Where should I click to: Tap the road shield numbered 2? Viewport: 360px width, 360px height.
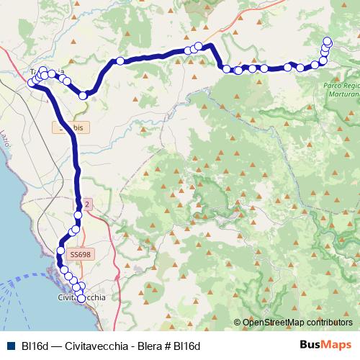[x=87, y=204]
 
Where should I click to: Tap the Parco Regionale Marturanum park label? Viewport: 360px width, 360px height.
[x=338, y=89]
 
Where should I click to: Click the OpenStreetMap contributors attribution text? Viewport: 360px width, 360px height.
[x=297, y=322]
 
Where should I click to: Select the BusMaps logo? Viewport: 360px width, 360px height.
[x=325, y=346]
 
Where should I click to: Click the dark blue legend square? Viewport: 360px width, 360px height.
[x=10, y=346]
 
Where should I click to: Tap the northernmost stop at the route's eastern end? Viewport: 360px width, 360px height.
[x=328, y=41]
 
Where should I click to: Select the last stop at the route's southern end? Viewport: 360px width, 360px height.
[x=81, y=298]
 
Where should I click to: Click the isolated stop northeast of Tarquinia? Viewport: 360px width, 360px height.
[x=120, y=60]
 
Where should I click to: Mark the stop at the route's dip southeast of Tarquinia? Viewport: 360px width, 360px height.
[x=84, y=94]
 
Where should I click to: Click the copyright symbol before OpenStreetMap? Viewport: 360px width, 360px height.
[x=238, y=322]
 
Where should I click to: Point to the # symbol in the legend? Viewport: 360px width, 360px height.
[x=168, y=346]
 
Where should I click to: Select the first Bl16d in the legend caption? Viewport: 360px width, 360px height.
[x=35, y=346]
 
